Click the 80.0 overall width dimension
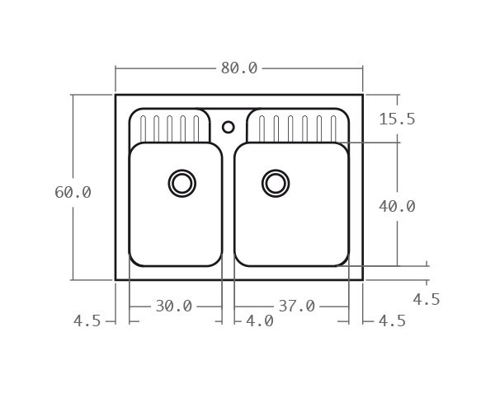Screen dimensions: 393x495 pos(238,68)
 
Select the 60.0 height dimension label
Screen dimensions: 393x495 pos(73,192)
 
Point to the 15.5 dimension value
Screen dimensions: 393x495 pos(397,119)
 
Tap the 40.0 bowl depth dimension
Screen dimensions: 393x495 pos(397,207)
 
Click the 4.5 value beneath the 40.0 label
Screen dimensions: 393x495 pos(426,299)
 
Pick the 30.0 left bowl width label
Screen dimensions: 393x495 pos(173,306)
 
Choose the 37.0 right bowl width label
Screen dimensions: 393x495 pos(296,306)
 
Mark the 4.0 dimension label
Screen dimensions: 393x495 pos(259,321)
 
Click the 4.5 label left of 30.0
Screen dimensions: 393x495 pos(87,321)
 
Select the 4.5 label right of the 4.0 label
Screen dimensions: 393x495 pos(392,321)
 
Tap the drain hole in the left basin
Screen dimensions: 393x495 pos(182,183)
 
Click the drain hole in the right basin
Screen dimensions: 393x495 pos(276,183)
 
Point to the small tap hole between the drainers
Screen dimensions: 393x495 pos(229,127)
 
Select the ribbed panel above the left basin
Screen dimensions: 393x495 pos(170,125)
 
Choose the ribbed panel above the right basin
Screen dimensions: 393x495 pos(297,125)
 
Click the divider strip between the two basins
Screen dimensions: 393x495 pos(229,206)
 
